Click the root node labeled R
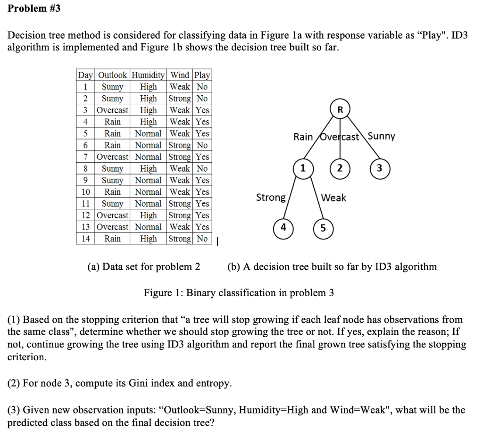[340, 110]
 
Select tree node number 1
[303, 168]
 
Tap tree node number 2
[340, 168]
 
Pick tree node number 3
[380, 168]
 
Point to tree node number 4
[283, 227]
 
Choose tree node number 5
[323, 228]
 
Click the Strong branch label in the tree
[271, 197]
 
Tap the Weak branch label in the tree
[334, 198]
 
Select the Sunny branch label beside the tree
[381, 136]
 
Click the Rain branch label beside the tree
[303, 137]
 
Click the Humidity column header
[148, 75]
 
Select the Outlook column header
[112, 75]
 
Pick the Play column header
[202, 75]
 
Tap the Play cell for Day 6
[202, 145]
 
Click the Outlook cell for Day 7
[112, 157]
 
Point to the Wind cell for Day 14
[180, 239]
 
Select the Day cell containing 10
[85, 192]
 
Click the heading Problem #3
[34, 8]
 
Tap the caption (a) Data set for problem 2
[144, 267]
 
